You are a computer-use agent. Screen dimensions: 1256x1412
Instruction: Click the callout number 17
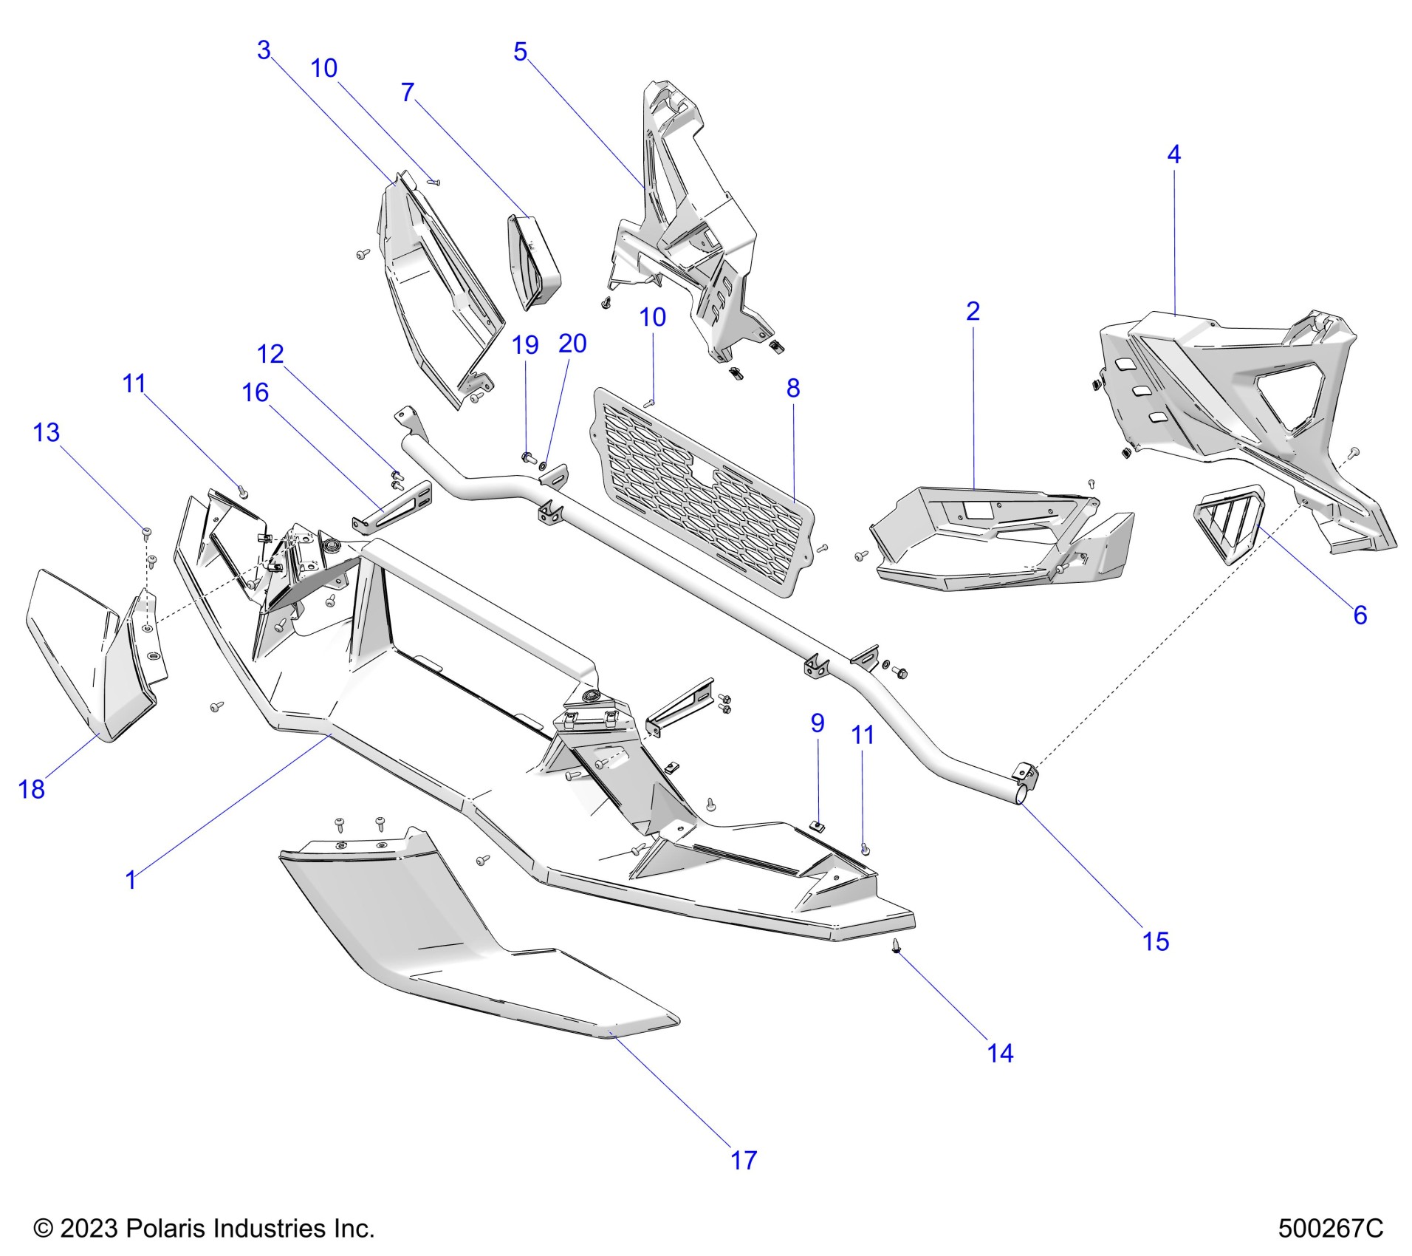click(x=744, y=1160)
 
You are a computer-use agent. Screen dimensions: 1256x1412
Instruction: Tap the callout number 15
click(x=1156, y=941)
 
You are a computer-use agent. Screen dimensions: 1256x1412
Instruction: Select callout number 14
click(x=1000, y=1053)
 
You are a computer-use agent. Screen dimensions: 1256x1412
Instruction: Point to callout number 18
click(x=31, y=789)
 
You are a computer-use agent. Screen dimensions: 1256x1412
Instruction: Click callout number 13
click(x=46, y=432)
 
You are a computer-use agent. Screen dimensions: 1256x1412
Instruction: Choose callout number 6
click(x=1360, y=615)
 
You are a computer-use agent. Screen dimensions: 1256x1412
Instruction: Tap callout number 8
click(x=792, y=388)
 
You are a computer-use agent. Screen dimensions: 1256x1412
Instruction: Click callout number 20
click(x=572, y=344)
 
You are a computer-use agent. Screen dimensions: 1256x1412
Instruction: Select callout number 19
click(x=525, y=345)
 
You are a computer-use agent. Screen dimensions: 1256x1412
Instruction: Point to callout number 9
click(x=817, y=723)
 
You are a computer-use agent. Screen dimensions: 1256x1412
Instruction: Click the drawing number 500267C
click(x=1330, y=1228)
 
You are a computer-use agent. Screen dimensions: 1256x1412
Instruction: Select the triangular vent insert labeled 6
click(x=1230, y=522)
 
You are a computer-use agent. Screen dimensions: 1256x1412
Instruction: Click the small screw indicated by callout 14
click(x=896, y=946)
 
